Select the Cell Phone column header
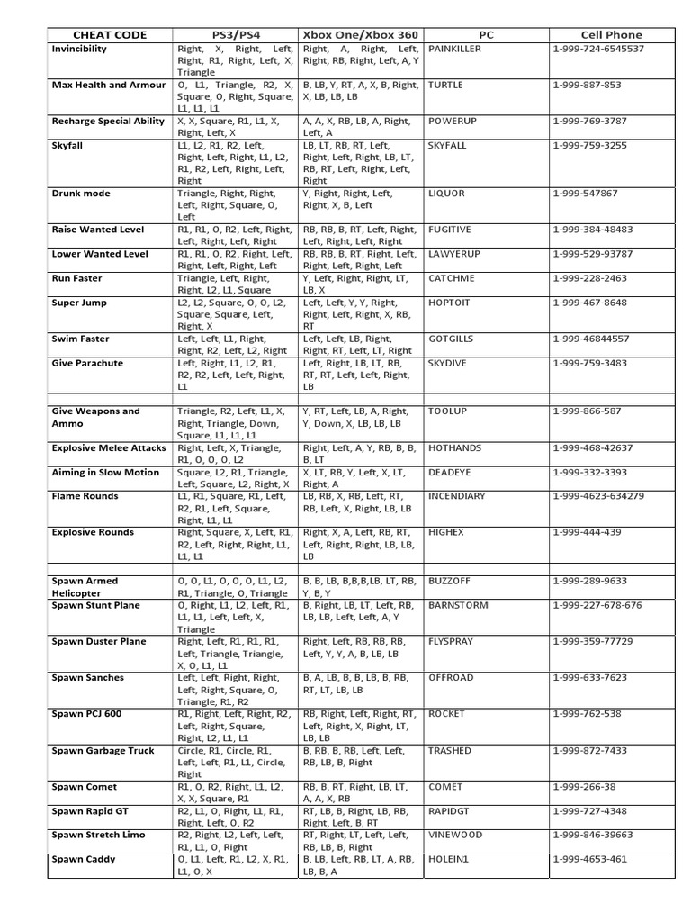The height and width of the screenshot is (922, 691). (x=612, y=35)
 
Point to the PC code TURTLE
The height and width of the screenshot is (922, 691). (x=447, y=85)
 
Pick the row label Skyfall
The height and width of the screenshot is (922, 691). (x=67, y=145)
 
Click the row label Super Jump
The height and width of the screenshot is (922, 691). (x=79, y=303)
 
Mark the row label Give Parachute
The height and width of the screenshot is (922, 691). (x=88, y=363)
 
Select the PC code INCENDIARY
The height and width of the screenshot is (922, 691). (x=457, y=496)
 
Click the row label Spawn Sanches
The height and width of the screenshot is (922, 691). (x=88, y=678)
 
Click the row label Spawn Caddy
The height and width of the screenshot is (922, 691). (x=84, y=859)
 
